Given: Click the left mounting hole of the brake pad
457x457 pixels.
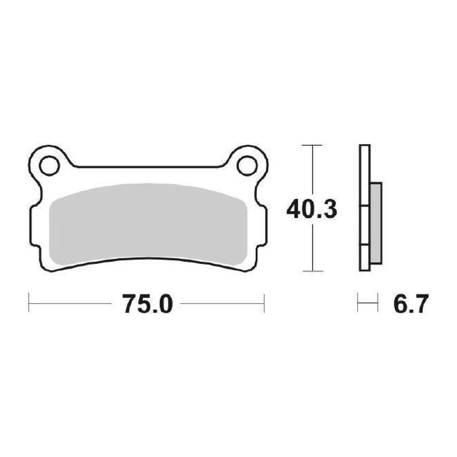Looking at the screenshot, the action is click(49, 166).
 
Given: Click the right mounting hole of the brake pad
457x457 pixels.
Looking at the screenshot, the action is click(247, 166).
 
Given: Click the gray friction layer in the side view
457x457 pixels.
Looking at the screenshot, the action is click(376, 223).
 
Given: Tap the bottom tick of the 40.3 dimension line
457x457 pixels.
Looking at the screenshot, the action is click(313, 271).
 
